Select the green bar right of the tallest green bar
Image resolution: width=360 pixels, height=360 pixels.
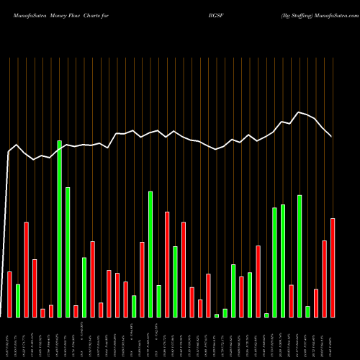pos(68,252)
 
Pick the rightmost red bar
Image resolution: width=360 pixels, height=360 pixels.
pos(333,267)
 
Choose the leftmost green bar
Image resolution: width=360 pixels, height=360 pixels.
pos(18,300)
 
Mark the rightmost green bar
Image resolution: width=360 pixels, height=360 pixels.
pos(308,311)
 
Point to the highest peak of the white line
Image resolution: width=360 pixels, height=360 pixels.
pos(300,112)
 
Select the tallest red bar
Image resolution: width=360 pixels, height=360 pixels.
pos(27,269)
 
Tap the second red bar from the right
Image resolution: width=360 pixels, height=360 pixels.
pos(325,279)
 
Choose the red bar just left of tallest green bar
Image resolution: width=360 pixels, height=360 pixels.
pos(51,311)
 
